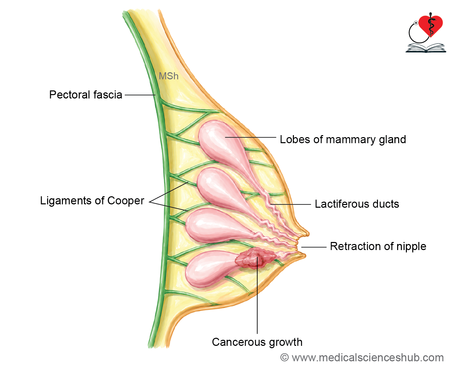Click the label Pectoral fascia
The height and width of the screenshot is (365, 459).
click(85, 95)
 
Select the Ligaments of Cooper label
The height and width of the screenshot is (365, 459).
click(92, 201)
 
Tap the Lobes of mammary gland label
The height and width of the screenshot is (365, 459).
click(343, 139)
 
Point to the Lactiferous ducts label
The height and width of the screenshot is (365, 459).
click(357, 204)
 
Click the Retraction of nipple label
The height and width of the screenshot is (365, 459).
click(378, 246)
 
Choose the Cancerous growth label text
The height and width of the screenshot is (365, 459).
click(257, 342)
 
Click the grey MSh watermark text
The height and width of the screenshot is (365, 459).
click(168, 76)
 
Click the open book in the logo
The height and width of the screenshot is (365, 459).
click(426, 48)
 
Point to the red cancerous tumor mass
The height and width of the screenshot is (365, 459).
click(255, 259)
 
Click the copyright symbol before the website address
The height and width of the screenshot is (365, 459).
click(284, 357)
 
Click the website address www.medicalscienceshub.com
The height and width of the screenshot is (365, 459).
click(368, 358)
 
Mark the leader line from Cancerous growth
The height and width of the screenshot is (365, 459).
click(257, 295)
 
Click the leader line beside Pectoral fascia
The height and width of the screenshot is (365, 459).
click(140, 95)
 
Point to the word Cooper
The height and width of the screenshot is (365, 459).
click(126, 201)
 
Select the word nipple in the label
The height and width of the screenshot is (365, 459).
click(411, 247)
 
